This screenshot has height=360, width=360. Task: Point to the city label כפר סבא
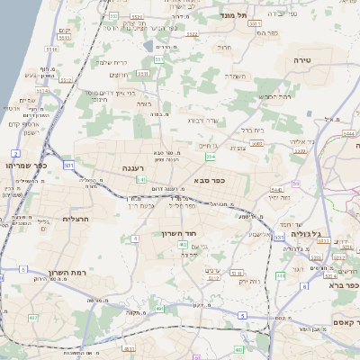(208, 180)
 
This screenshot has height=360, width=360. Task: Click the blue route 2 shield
(15, 154)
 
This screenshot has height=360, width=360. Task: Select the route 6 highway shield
(305, 286)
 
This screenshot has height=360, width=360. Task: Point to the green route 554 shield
(211, 157)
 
